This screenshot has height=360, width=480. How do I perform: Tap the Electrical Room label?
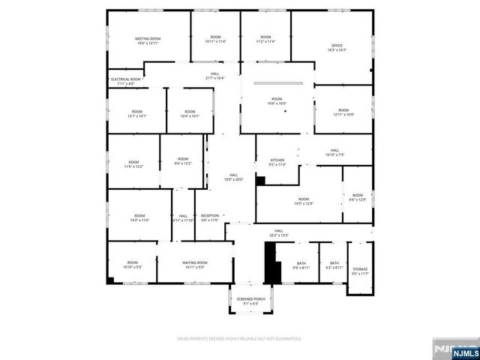pyautogui.click(x=126, y=81)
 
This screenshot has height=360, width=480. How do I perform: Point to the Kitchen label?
pyautogui.click(x=277, y=162)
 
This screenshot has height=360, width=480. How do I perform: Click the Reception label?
pyautogui.click(x=210, y=217)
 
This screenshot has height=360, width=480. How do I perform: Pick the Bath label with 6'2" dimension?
pyautogui.click(x=334, y=265)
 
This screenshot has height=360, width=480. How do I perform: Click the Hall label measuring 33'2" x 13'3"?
pyautogui.click(x=278, y=232)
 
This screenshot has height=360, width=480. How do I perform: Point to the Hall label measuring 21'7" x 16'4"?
pyautogui.click(x=215, y=76)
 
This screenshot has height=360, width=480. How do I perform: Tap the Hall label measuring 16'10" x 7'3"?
pyautogui.click(x=334, y=152)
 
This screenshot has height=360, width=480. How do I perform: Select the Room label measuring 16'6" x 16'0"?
pyautogui.click(x=277, y=102)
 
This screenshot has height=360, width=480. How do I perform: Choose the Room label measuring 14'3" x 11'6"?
pyautogui.click(x=139, y=217)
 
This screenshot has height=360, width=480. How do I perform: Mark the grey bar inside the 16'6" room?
pyautogui.click(x=277, y=83)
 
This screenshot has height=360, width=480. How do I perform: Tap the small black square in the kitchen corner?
pyautogui.click(x=261, y=180)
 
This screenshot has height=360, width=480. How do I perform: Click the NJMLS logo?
pyautogui.click(x=453, y=350)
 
